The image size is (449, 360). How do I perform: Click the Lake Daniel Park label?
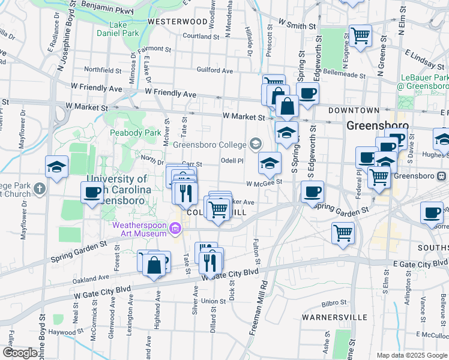(x=117, y=29)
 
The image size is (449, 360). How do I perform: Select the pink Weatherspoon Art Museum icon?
(x=175, y=228)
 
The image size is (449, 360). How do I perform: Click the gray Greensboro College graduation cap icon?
(x=256, y=143)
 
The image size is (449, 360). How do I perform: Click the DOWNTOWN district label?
(x=354, y=110)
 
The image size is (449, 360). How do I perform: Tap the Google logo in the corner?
(x=20, y=353)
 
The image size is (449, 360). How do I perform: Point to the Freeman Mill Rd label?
(x=263, y=294)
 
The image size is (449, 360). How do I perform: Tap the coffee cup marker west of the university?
(x=92, y=192)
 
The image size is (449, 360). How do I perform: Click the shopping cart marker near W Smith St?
(x=360, y=35)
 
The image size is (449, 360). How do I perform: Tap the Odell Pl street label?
(x=232, y=160)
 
